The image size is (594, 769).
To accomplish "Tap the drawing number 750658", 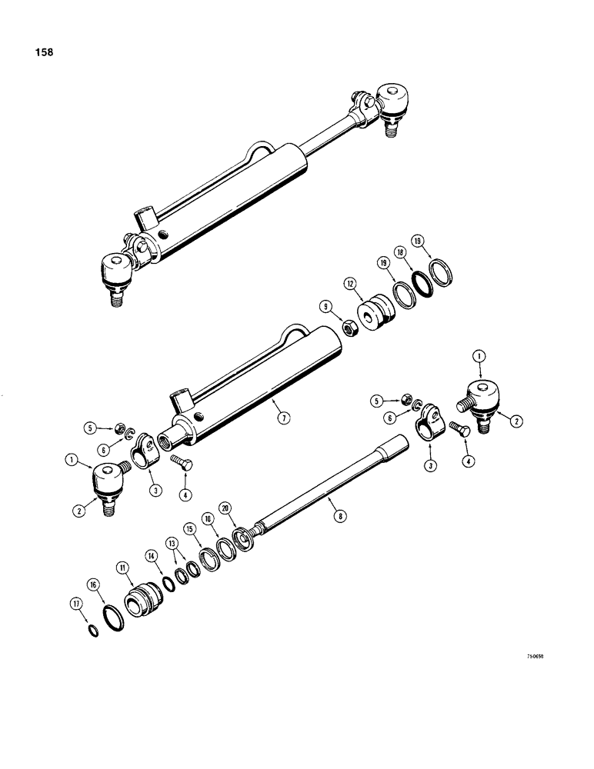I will tap(542, 658).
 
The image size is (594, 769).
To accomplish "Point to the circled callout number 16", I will tap(92, 586).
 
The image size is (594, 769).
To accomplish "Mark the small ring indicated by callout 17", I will tap(93, 631).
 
